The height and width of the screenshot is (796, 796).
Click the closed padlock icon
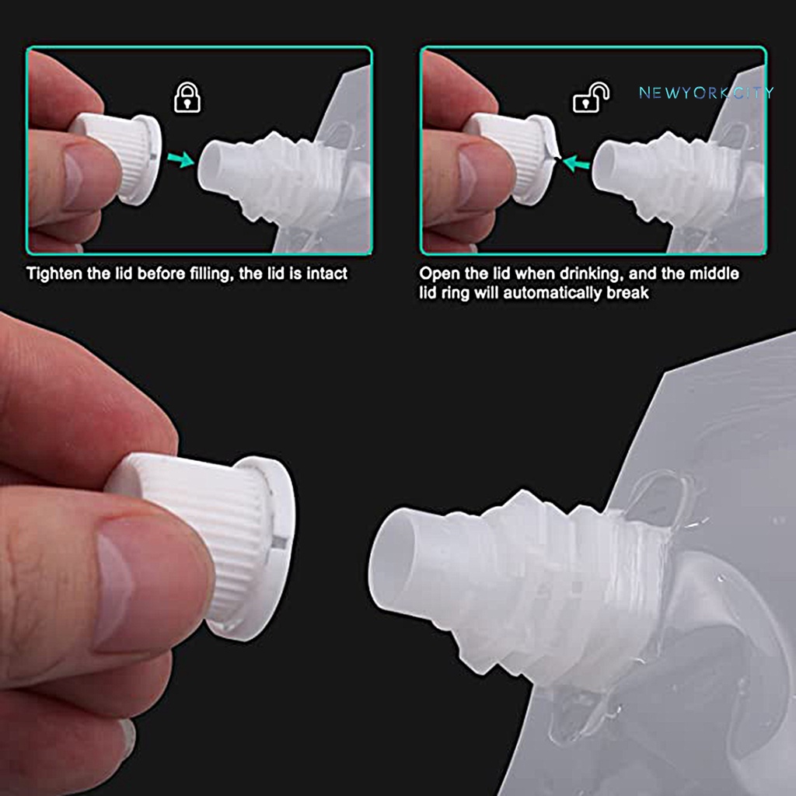coord(187,98)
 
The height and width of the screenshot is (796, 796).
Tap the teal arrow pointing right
coord(182,160)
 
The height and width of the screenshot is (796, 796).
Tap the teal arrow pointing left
coord(576,163)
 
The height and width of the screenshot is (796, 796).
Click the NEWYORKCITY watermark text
coord(706,93)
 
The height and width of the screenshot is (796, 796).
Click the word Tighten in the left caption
coord(53,274)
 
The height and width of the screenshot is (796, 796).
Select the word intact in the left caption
coord(328,274)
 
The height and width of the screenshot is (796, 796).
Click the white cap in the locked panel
coord(124,155)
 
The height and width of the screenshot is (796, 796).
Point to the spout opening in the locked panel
coord(211,166)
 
